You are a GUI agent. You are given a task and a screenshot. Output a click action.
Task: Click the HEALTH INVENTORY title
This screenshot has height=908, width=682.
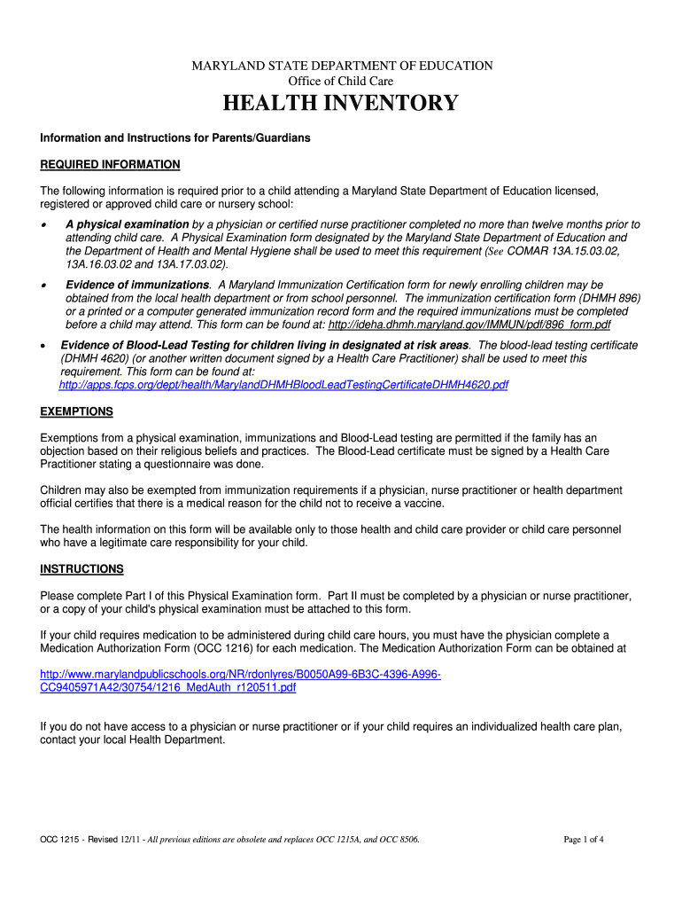(340, 104)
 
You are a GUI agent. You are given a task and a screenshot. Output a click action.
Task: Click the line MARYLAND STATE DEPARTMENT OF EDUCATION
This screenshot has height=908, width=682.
(344, 66)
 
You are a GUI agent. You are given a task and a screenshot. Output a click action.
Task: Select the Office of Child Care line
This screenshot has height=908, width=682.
(342, 82)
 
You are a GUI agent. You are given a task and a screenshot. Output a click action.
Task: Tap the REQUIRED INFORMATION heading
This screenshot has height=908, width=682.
(110, 165)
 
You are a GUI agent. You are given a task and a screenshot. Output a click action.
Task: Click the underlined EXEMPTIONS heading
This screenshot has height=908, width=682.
(77, 411)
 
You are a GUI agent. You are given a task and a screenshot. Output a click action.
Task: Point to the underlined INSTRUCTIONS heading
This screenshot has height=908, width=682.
(82, 568)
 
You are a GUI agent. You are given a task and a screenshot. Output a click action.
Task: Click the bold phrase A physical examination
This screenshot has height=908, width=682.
(127, 224)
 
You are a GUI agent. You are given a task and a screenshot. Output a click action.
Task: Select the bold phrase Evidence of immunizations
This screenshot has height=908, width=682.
(138, 285)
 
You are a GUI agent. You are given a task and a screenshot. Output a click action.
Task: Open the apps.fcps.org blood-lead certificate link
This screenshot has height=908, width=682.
(283, 385)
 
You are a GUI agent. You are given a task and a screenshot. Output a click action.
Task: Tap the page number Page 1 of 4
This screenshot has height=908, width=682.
(584, 840)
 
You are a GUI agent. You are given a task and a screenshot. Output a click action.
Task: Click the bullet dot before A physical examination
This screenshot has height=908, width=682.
(44, 225)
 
